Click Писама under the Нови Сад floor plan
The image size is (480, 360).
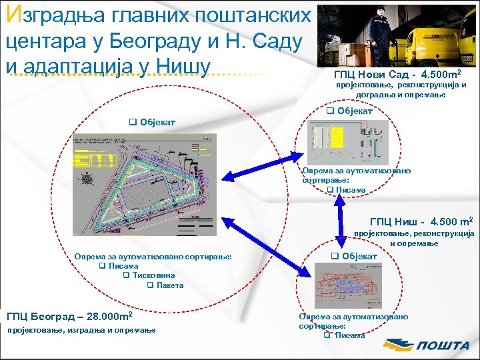351,190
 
